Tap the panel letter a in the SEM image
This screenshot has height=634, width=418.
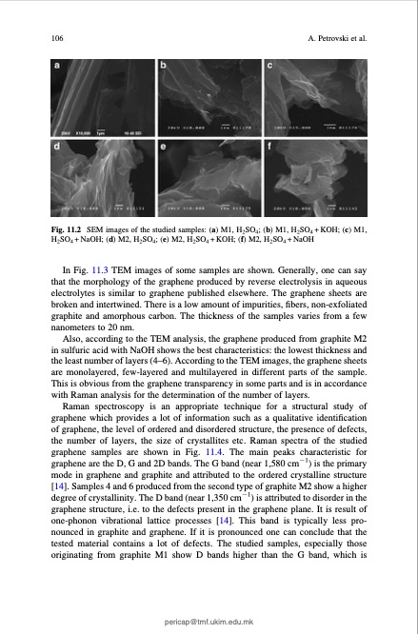(x=59, y=67)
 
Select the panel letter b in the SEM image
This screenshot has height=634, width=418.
(x=164, y=67)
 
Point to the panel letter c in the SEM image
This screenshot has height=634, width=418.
(x=269, y=67)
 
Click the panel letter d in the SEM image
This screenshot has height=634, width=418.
(x=59, y=149)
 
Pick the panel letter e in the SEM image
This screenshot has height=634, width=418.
(x=164, y=149)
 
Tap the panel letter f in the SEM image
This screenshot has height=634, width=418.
(x=269, y=149)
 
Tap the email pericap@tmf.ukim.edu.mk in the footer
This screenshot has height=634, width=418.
(x=209, y=618)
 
